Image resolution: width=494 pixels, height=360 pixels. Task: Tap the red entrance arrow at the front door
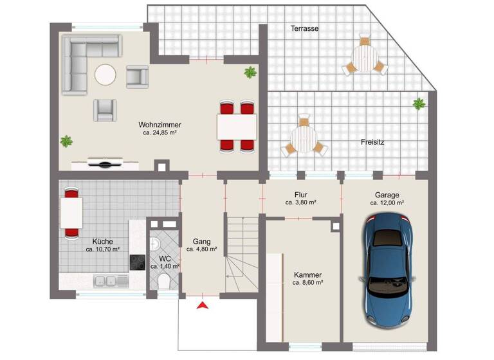(203, 306)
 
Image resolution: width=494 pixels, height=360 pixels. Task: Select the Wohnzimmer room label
(160, 125)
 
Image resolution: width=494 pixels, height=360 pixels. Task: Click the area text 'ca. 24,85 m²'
(160, 133)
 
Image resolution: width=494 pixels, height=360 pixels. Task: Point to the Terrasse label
(304, 28)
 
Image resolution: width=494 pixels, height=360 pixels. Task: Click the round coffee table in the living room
(105, 75)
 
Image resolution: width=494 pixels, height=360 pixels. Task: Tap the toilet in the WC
(163, 280)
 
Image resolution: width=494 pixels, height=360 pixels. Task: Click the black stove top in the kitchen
(138, 262)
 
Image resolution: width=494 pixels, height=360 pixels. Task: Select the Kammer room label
(307, 274)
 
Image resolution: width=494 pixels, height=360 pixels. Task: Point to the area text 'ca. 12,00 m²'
(387, 203)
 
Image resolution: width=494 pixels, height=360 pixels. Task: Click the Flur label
(300, 194)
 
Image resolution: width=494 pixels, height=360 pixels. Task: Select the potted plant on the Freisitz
(419, 103)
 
